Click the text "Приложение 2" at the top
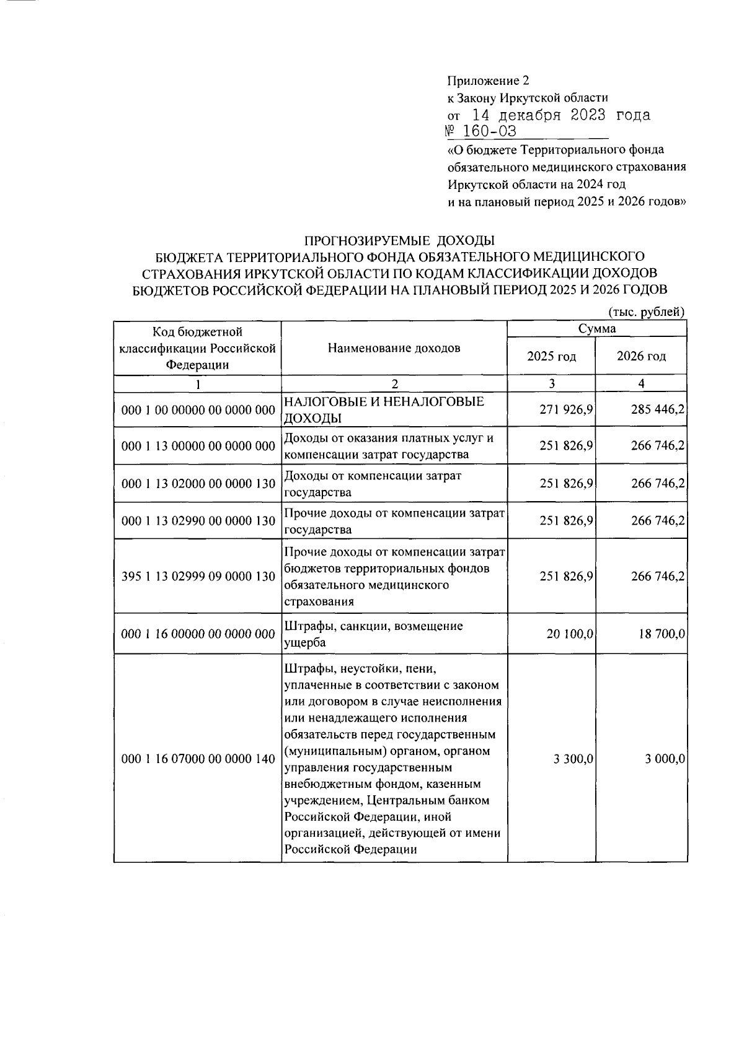pyautogui.click(x=488, y=81)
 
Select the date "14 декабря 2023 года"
pyautogui.click(x=561, y=115)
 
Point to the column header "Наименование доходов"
pyautogui.click(x=394, y=347)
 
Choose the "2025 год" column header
pyautogui.click(x=551, y=356)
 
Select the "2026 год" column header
pyautogui.click(x=641, y=356)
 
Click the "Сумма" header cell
pyautogui.click(x=597, y=328)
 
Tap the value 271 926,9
pyautogui.click(x=566, y=409)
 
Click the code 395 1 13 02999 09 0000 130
pyautogui.click(x=198, y=577)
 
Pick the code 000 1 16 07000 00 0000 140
pyautogui.click(x=198, y=759)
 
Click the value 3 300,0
pyautogui.click(x=574, y=759)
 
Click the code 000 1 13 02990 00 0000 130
pyautogui.click(x=198, y=521)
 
